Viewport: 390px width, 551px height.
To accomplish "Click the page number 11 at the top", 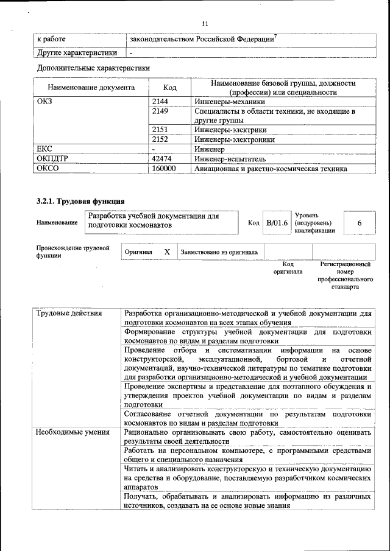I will tap(204, 23).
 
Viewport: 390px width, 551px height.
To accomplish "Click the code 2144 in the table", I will tap(160, 102).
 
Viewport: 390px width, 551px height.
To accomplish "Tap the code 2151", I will tap(160, 130).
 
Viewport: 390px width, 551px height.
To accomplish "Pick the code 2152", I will tap(160, 139).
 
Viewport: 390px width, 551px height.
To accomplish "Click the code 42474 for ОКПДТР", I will tap(161, 158).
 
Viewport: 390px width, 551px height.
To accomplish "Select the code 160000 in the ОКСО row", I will tap(164, 169).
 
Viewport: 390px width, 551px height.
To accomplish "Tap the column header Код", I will tap(170, 87).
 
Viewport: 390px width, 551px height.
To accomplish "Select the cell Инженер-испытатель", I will tap(225, 158).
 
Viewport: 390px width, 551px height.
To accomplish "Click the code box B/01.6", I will tap(277, 223).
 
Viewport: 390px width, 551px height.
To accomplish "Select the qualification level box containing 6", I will tap(360, 223).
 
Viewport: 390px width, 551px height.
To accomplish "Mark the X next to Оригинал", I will tap(166, 251).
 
